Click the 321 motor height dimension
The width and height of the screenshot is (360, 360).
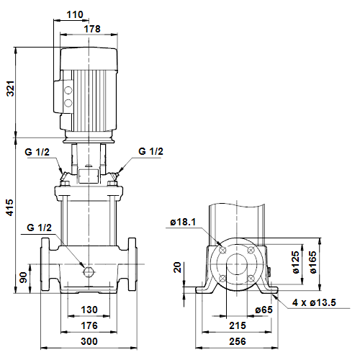click(x=11, y=89)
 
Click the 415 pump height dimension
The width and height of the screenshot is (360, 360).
click(x=9, y=207)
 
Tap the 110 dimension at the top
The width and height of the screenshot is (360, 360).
click(x=75, y=14)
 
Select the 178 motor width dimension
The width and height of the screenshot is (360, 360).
click(x=92, y=29)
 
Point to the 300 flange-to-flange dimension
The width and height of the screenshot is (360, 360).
click(x=89, y=341)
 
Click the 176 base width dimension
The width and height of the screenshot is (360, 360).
click(x=89, y=325)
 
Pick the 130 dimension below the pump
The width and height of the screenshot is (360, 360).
click(x=89, y=310)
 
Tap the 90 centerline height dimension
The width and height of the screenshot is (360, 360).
click(x=23, y=277)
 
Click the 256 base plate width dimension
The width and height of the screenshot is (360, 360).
click(x=238, y=341)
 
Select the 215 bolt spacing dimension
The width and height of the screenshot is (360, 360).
click(x=238, y=325)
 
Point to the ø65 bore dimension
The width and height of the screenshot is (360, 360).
click(x=264, y=310)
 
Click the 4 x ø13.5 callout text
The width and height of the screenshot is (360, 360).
click(x=314, y=302)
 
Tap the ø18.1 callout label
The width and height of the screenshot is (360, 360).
click(x=183, y=222)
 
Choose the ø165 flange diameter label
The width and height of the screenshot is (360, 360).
click(x=312, y=262)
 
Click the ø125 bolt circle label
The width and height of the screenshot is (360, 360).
click(x=296, y=262)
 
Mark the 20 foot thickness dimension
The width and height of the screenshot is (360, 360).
click(x=177, y=267)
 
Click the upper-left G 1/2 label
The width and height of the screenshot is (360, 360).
click(x=37, y=152)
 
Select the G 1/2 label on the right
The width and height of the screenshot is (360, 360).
click(x=150, y=151)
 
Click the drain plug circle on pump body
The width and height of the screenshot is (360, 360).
click(x=88, y=271)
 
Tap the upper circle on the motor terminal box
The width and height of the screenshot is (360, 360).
click(x=68, y=90)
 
